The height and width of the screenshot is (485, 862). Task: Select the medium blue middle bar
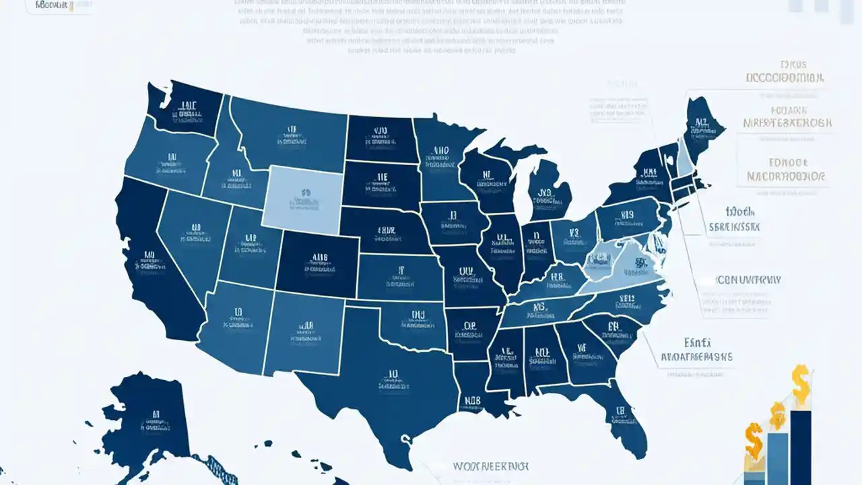click(777, 458)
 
